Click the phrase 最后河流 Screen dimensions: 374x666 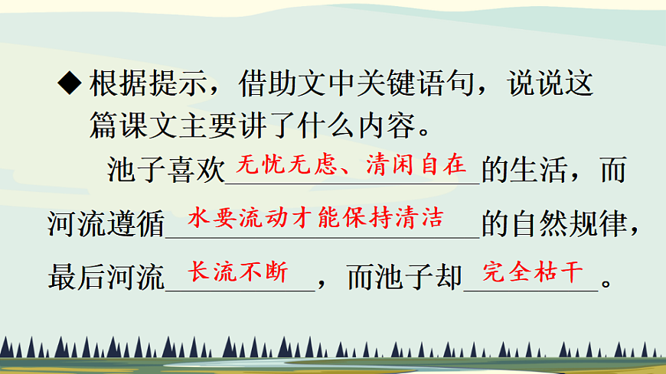(x=106, y=276)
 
